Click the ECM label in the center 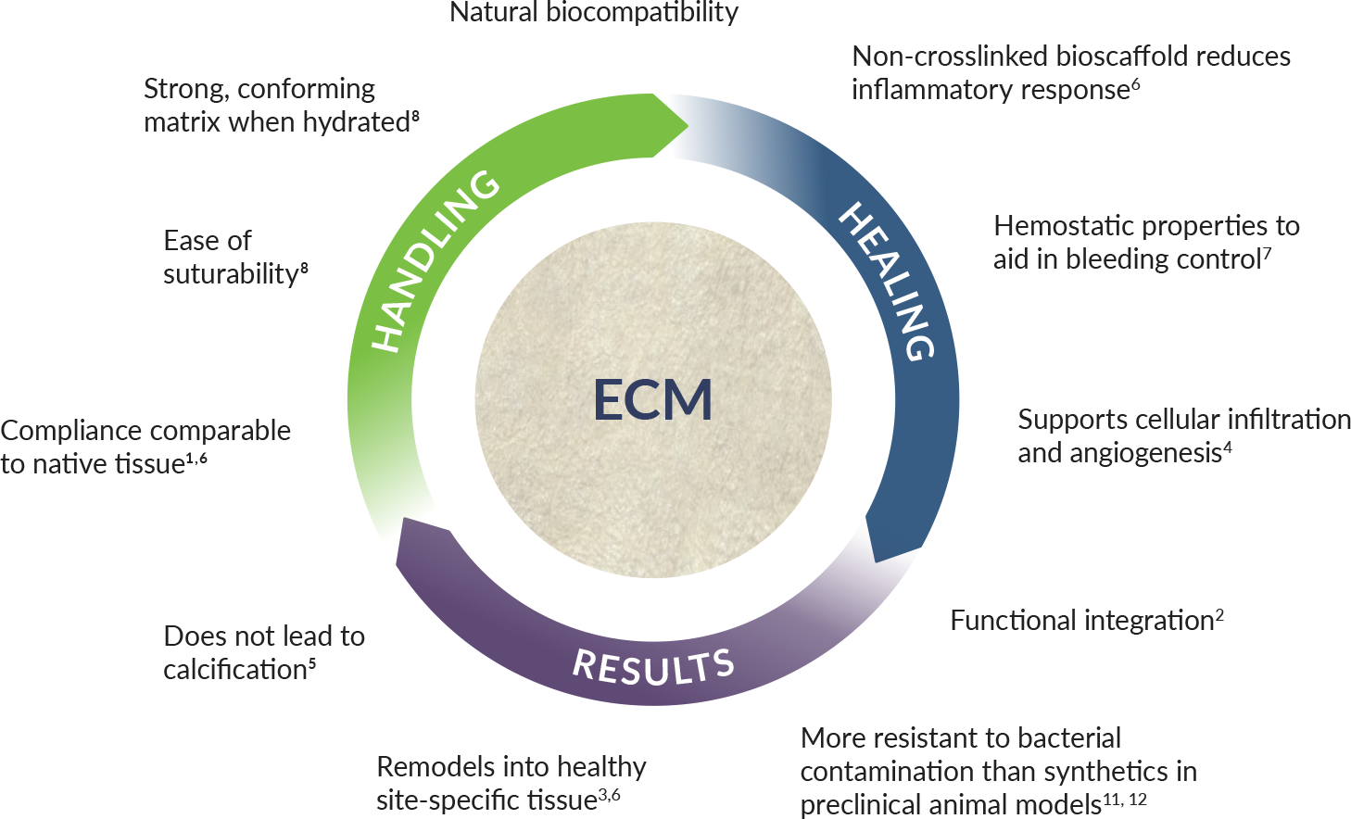coord(652,399)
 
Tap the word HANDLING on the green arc coord(435,262)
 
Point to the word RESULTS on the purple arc coord(654,667)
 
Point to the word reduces coord(1244,57)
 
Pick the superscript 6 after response coord(1135,84)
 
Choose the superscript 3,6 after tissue coord(609,794)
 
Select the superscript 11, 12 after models coord(1125,799)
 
